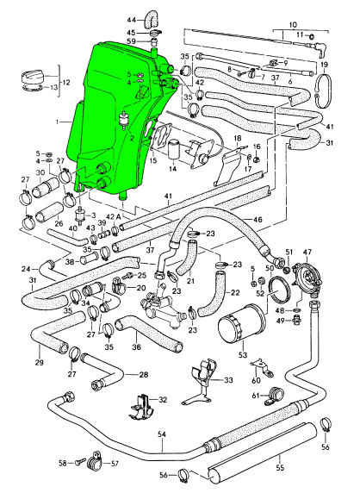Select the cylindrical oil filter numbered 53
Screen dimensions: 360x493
tap(242, 324)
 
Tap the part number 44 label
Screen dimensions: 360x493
tap(132, 21)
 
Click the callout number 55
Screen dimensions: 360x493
tap(280, 468)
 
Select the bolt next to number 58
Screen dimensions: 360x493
tap(80, 463)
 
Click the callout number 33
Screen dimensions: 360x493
tap(228, 380)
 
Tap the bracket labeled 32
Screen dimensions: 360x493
tap(142, 407)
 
